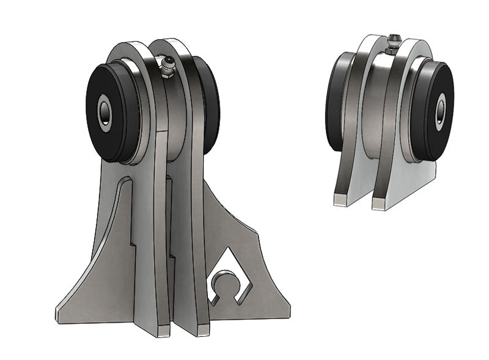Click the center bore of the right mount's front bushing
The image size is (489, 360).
440,111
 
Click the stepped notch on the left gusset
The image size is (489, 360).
131,243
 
